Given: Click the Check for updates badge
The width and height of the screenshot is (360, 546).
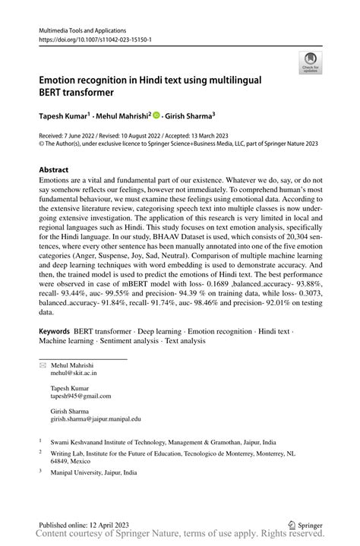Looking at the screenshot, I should click(310, 63).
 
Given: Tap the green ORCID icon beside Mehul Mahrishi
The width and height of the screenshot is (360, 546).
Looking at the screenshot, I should click(156, 115).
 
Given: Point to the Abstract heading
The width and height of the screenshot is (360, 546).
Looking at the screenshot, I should click(53, 169).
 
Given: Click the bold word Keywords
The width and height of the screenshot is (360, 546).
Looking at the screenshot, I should click(54, 332).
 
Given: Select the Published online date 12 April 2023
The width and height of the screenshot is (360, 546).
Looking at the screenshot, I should click(106, 524).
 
